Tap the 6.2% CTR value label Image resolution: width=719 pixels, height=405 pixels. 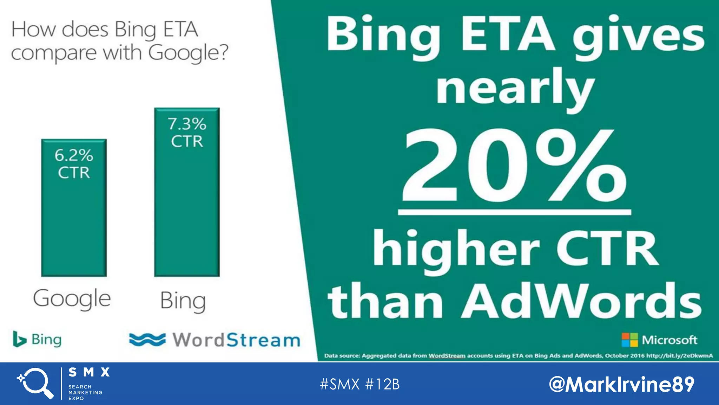(x=74, y=164)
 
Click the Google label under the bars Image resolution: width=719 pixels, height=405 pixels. (x=72, y=299)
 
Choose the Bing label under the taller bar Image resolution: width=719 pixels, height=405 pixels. (x=183, y=301)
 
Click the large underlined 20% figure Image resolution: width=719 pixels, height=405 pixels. (x=514, y=167)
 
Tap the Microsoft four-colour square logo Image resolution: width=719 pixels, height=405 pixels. (x=629, y=340)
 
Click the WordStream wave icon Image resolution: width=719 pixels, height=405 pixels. (x=147, y=340)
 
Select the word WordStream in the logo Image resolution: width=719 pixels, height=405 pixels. (x=236, y=340)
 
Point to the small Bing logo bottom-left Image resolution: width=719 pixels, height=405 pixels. (x=37, y=339)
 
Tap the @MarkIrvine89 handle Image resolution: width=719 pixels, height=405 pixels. (x=621, y=384)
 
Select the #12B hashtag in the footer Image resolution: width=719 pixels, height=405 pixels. (x=382, y=384)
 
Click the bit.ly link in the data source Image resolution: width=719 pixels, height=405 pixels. (x=679, y=356)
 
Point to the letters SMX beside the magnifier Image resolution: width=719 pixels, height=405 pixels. (x=89, y=372)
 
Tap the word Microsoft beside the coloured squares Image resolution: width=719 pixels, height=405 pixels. (x=669, y=340)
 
